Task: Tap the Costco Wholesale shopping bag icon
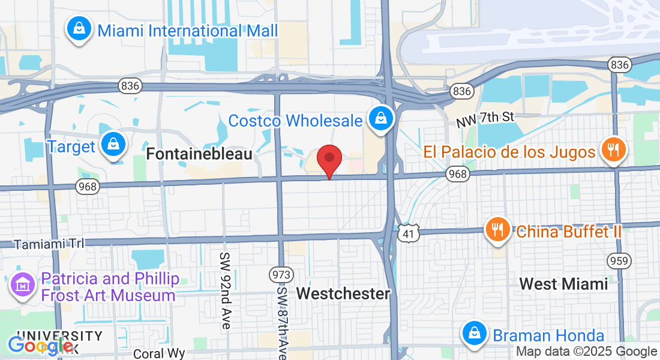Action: click(x=380, y=118)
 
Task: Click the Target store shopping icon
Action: click(x=112, y=145)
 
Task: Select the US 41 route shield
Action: click(x=409, y=234)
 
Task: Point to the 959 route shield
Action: click(x=618, y=260)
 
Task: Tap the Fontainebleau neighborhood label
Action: click(x=199, y=154)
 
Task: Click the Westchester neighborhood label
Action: click(x=343, y=293)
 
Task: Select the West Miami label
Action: click(x=563, y=283)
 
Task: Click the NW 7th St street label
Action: click(x=485, y=118)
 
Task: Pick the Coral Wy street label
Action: click(x=155, y=353)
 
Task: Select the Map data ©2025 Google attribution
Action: click(x=586, y=352)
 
